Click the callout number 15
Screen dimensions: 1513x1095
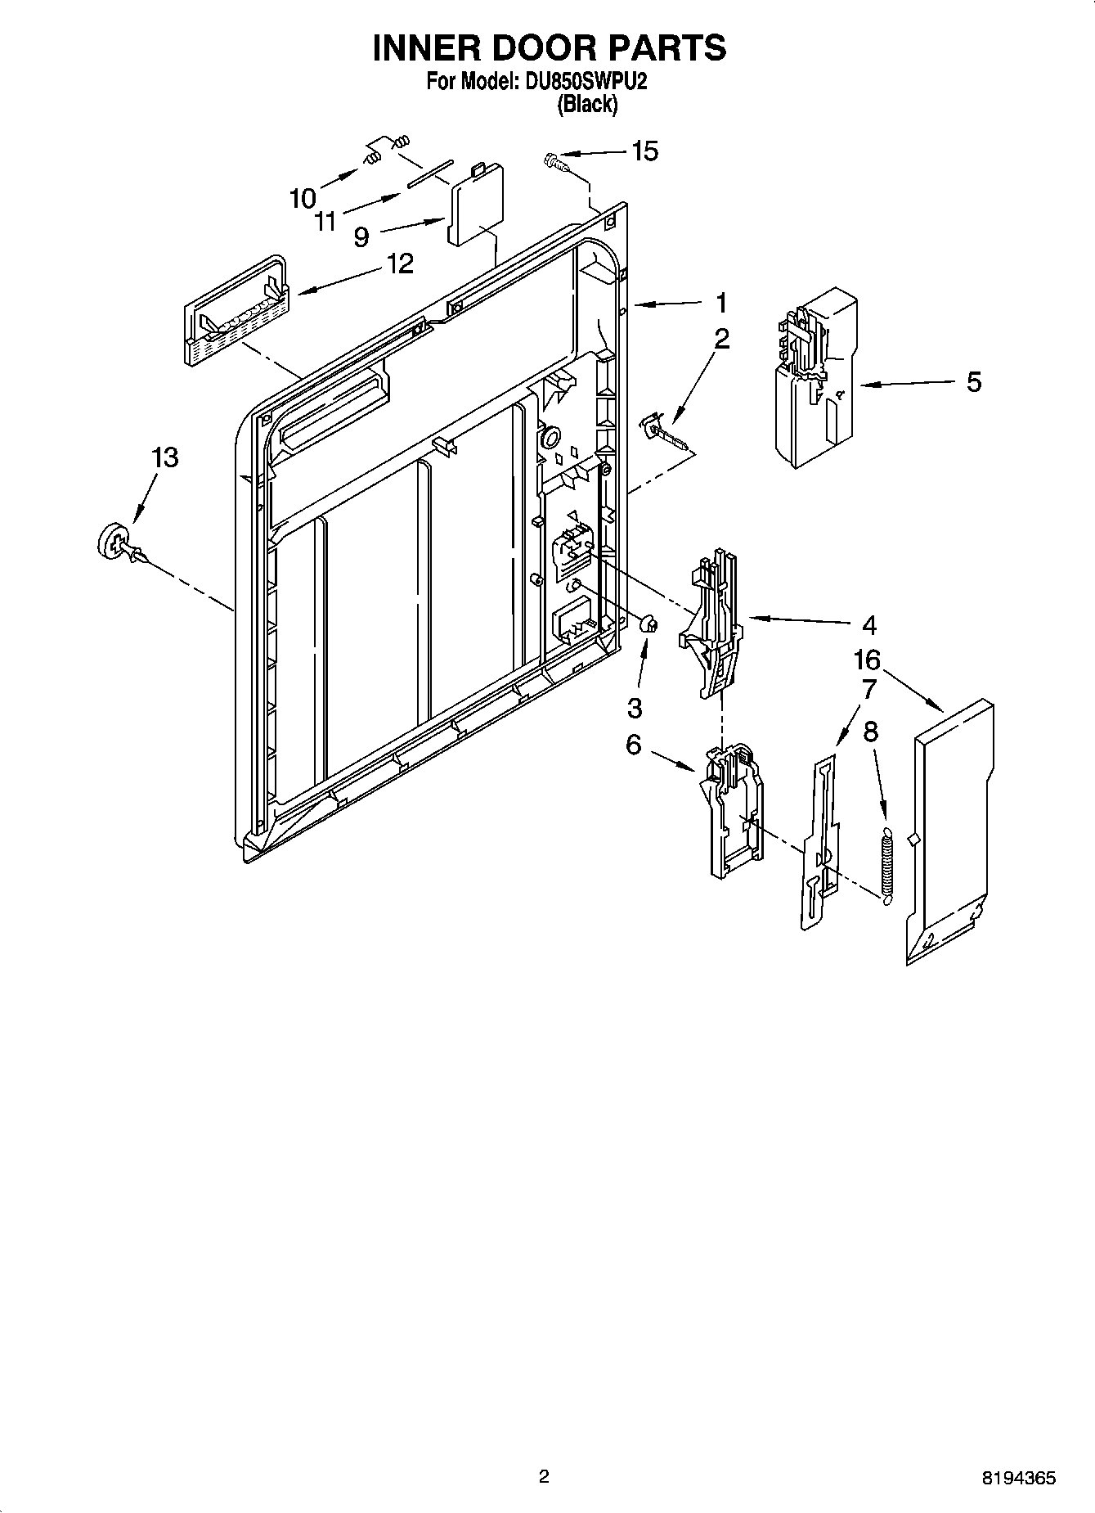pyautogui.click(x=644, y=151)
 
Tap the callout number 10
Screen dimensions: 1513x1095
pyautogui.click(x=302, y=198)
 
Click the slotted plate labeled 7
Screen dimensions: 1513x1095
pyautogui.click(x=819, y=843)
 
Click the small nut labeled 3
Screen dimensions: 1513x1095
pyautogui.click(x=648, y=625)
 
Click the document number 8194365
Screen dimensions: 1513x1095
pyautogui.click(x=1018, y=1479)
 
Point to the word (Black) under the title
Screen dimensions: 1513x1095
pyautogui.click(x=586, y=105)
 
